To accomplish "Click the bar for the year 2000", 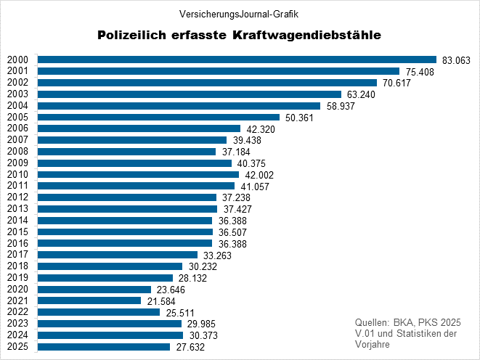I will point(237,60).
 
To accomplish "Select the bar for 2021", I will point(89,300).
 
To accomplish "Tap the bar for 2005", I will point(158,117).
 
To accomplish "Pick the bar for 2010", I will point(138,174).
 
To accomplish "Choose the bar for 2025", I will point(104,347).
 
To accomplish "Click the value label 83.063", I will point(455,60).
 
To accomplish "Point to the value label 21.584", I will point(160,301).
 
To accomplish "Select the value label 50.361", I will point(298,118).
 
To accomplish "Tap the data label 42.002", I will point(258,175).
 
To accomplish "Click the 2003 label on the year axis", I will point(17,94).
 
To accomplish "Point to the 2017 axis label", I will point(17,255).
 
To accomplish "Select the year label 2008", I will point(17,152).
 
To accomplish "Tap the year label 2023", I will point(17,324).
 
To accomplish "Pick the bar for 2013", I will point(127,209).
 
